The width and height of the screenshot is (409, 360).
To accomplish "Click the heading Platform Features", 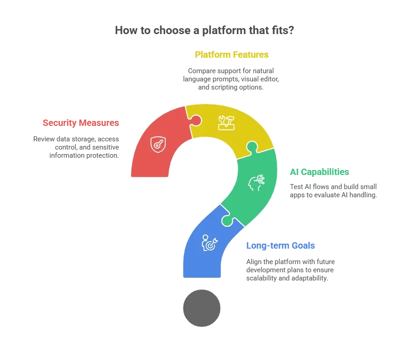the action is pyautogui.click(x=232, y=55).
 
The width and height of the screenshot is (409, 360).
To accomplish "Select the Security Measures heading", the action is pyautogui.click(x=81, y=123).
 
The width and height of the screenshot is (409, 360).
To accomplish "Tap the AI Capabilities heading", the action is pyautogui.click(x=319, y=172).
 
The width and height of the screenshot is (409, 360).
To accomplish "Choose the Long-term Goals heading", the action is pyautogui.click(x=281, y=245).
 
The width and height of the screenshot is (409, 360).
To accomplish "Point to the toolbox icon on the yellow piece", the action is pyautogui.click(x=226, y=123).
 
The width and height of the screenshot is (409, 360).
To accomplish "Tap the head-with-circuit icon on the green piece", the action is pyautogui.click(x=256, y=183).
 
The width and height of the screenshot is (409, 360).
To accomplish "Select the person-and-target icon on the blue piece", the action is pyautogui.click(x=209, y=243).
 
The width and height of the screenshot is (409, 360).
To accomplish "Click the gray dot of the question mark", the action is pyautogui.click(x=202, y=308).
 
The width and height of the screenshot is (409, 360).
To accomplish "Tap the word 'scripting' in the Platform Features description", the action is pyautogui.click(x=223, y=87).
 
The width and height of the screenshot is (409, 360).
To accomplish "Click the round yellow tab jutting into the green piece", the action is pyautogui.click(x=252, y=147).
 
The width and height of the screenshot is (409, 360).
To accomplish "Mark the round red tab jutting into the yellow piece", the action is pyautogui.click(x=196, y=120).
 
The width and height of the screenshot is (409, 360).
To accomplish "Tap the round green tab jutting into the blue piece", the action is pyautogui.click(x=227, y=221).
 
